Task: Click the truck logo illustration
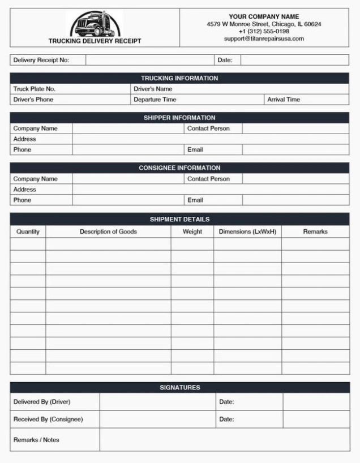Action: tap(95, 24)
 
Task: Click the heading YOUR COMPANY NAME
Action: tap(264, 17)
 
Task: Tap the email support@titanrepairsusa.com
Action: tap(264, 39)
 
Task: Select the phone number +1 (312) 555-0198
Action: tap(264, 32)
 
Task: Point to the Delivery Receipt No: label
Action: tap(41, 60)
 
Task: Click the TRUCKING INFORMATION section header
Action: tap(179, 78)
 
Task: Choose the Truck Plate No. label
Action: tap(35, 89)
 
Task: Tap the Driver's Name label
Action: tap(153, 89)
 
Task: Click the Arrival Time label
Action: tap(284, 100)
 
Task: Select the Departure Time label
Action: tap(155, 100)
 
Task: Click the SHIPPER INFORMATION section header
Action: tap(179, 118)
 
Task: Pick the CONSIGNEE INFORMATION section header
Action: tap(179, 168)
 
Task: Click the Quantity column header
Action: tap(28, 231)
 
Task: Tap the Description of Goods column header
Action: tap(108, 231)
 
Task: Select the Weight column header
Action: tap(192, 231)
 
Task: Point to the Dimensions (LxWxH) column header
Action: tap(247, 231)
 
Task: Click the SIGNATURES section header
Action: tap(179, 388)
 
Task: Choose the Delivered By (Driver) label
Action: tap(42, 402)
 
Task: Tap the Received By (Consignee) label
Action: tap(48, 419)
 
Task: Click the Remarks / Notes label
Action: tap(36, 440)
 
